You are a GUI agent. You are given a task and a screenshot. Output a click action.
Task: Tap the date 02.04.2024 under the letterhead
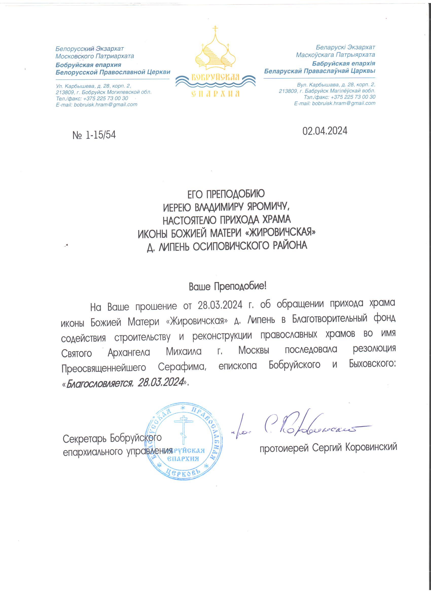click(325, 131)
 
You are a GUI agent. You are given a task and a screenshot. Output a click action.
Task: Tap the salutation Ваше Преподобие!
click(227, 287)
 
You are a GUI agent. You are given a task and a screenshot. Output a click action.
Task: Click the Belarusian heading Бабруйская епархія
click(344, 63)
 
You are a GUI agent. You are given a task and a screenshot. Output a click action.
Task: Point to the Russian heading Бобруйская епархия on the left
click(88, 65)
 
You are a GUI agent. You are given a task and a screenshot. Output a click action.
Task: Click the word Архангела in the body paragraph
click(129, 352)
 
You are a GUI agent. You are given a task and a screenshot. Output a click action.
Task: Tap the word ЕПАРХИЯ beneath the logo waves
click(215, 94)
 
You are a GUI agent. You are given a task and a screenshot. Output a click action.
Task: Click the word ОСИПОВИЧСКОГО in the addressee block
click(230, 246)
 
